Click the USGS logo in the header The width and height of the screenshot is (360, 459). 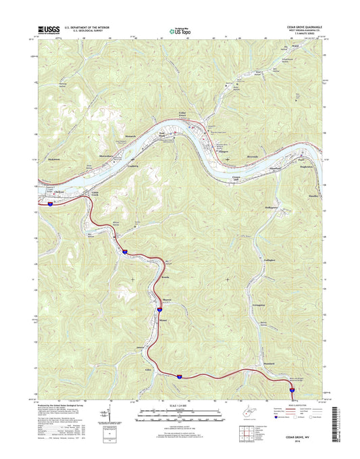49,30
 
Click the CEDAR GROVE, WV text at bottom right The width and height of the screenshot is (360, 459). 303,437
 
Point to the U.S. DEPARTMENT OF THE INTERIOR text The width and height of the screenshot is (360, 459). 91,28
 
